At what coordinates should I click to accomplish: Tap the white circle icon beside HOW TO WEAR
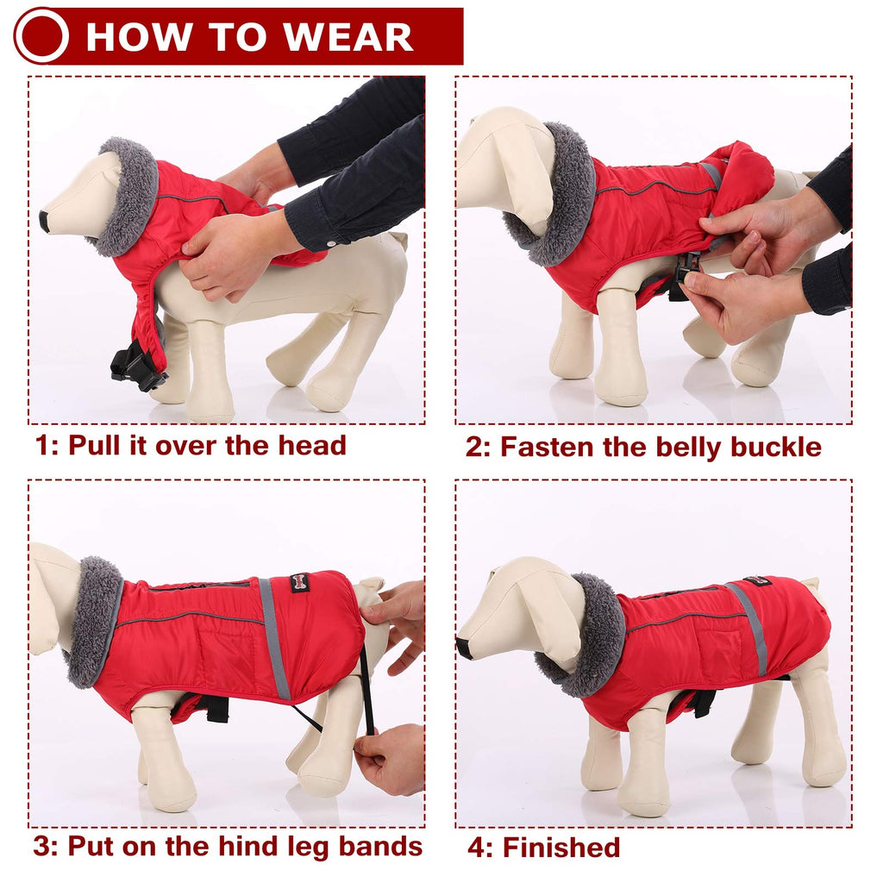point(41,36)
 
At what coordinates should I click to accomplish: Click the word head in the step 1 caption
point(311,445)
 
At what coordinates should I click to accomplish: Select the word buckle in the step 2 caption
point(775,447)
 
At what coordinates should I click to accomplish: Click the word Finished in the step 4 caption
point(560,848)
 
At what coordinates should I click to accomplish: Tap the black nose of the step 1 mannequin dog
point(43,221)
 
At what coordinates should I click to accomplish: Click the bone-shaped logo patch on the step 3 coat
point(299,583)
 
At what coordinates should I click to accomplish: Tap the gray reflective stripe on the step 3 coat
point(274,638)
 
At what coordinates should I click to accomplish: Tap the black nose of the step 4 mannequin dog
point(465,648)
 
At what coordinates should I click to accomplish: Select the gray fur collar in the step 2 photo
point(565,194)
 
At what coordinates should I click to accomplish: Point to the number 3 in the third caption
point(41,846)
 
